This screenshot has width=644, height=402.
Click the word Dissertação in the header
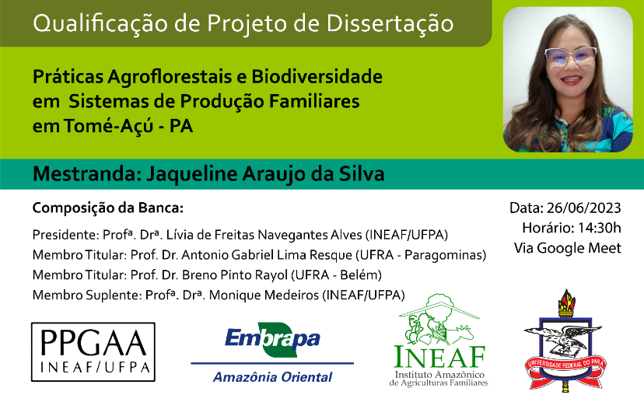[390, 23]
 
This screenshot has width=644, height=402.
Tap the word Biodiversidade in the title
[317, 76]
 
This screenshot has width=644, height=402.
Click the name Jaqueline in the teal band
[192, 173]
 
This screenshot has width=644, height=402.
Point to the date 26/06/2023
[583, 208]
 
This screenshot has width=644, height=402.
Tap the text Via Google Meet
[568, 248]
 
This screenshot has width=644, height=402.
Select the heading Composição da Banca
[108, 208]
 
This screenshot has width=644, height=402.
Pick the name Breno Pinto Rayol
[235, 274]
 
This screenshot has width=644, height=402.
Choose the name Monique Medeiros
[264, 295]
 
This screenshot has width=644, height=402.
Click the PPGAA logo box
[93, 352]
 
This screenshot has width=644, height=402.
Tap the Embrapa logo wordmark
[272, 339]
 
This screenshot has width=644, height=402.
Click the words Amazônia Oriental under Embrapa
[272, 377]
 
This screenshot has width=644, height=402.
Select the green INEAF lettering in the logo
[439, 356]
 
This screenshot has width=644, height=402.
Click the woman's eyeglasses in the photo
[570, 56]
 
